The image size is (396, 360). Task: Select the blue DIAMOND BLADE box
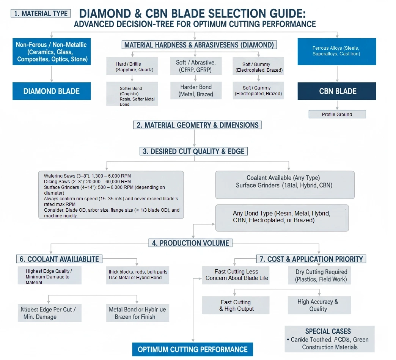click(52, 91)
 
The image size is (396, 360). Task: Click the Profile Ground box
click(337, 114)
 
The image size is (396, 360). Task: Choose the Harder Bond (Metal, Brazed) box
click(196, 91)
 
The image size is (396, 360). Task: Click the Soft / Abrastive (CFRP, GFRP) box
click(196, 66)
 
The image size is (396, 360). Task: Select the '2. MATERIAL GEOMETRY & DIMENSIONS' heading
click(197, 125)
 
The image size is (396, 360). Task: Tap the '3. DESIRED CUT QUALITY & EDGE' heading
click(194, 151)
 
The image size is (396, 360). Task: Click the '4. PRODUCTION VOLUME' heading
click(190, 243)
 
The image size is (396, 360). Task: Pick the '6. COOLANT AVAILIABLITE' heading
click(59, 259)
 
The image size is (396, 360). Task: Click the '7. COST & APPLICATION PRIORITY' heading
click(311, 259)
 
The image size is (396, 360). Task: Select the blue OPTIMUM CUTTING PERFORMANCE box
click(192, 349)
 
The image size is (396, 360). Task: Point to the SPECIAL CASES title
click(328, 331)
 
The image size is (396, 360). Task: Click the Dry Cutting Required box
click(321, 275)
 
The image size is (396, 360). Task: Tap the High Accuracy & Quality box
click(318, 305)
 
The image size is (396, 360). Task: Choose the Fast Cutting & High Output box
click(236, 305)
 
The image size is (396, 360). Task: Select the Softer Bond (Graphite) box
click(132, 94)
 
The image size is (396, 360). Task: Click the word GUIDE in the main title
click(282, 14)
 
